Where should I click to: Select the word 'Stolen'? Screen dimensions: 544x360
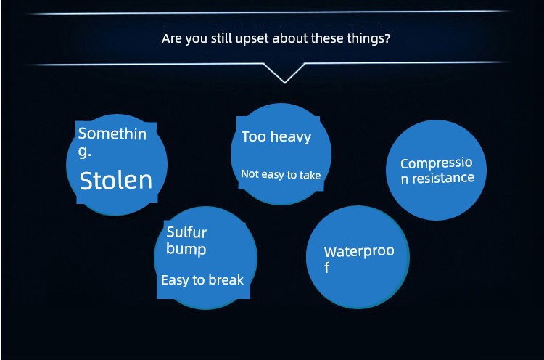coord(116,181)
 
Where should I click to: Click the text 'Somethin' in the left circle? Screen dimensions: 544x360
coord(112,134)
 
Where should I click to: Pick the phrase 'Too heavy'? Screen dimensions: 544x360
coord(276,136)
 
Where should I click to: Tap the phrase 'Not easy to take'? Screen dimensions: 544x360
coord(281,174)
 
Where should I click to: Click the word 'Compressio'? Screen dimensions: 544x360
coord(437,163)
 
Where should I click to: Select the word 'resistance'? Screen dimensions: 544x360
coord(443,178)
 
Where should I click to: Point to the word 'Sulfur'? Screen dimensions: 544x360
coord(186,232)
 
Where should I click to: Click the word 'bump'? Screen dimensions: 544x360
coord(186,249)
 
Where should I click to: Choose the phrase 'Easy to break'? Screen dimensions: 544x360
coord(202,280)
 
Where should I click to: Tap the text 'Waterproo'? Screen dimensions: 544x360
coord(359,251)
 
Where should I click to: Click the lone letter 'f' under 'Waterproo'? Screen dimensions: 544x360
coord(326,268)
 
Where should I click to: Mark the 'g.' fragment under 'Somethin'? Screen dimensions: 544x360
coord(85,152)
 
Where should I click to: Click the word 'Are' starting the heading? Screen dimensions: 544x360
coord(172,38)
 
